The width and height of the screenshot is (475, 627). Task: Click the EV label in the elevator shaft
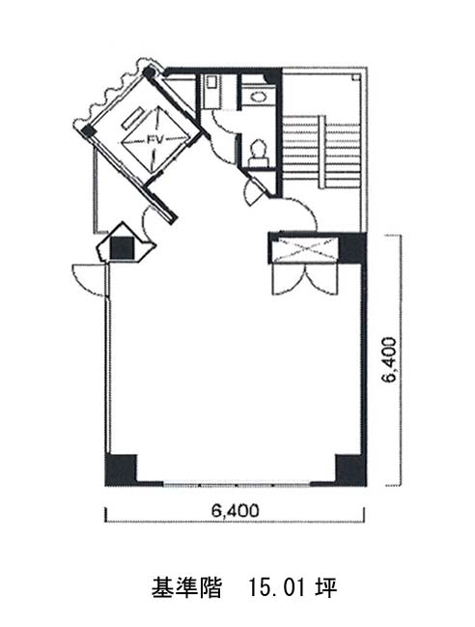(x=154, y=140)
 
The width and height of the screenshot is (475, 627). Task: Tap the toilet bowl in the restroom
(x=259, y=153)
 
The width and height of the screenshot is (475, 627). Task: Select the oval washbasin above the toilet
(x=259, y=96)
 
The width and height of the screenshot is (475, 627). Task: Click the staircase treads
(x=321, y=152)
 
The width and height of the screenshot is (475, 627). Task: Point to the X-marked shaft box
(x=306, y=249)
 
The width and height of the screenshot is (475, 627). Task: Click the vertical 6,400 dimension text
(x=389, y=360)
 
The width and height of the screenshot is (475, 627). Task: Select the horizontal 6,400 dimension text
(x=236, y=511)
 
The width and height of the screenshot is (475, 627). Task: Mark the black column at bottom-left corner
(x=121, y=470)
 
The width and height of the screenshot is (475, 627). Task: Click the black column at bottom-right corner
(x=350, y=470)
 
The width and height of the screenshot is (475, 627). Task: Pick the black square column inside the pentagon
(x=122, y=248)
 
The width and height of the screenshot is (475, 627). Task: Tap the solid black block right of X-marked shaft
(x=352, y=248)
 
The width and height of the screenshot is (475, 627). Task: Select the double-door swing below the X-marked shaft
(x=306, y=278)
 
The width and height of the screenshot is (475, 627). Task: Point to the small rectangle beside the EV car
(x=132, y=118)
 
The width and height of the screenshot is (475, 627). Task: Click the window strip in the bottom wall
(x=237, y=484)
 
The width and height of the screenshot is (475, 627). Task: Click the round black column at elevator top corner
(x=149, y=72)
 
